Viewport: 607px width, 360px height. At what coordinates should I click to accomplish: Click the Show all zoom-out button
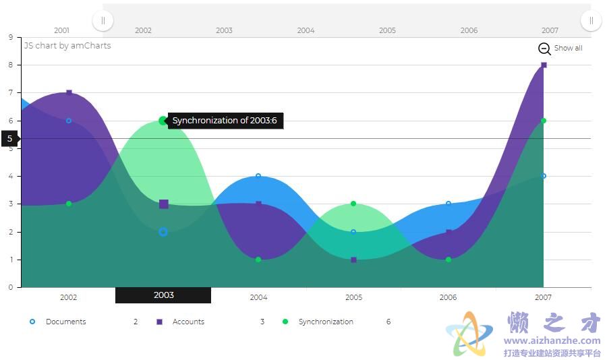point(560,49)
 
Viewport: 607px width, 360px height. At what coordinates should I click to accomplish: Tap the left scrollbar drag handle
point(103,20)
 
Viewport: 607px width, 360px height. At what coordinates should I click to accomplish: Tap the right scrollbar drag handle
point(591,20)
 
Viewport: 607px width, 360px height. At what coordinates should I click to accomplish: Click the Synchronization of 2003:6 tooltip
point(225,121)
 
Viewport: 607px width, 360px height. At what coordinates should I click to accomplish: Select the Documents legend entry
point(58,322)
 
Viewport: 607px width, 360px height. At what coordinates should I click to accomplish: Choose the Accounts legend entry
point(180,322)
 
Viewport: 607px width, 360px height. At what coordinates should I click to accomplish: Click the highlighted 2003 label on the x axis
point(163,295)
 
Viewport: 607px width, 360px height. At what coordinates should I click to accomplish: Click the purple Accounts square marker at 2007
point(544,65)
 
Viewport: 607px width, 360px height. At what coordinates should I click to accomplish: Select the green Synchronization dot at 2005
point(353,204)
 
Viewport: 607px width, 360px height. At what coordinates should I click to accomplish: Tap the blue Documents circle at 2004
point(258,176)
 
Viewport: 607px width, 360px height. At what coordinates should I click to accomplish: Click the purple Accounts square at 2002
point(69,92)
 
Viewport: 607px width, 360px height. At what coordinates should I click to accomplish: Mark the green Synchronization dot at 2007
point(544,121)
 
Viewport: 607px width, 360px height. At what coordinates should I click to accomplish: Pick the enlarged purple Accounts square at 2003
point(164,204)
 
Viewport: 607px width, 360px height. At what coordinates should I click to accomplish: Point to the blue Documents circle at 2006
point(449,204)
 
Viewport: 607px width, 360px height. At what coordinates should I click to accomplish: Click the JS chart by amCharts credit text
point(67,46)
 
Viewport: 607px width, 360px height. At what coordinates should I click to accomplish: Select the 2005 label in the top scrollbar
point(387,30)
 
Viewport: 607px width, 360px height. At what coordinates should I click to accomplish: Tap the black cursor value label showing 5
point(10,139)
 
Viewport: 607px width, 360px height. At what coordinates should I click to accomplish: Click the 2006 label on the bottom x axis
point(448,297)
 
